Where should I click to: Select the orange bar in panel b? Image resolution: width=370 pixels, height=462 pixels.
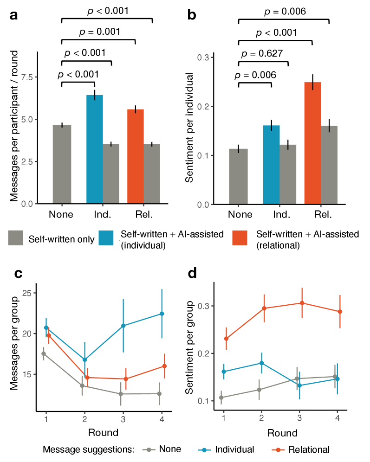point(312,143)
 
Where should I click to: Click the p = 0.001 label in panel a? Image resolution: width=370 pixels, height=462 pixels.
point(99,32)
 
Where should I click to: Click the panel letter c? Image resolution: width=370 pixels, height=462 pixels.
point(19,274)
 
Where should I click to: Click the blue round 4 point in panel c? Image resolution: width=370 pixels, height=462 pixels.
point(162,314)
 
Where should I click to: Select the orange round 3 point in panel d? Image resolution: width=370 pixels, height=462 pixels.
point(302,303)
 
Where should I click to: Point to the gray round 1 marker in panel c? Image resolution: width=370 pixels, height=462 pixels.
point(44,353)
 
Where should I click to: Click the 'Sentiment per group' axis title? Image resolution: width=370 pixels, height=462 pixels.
point(189,347)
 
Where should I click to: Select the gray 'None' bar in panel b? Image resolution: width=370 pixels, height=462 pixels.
point(238,177)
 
